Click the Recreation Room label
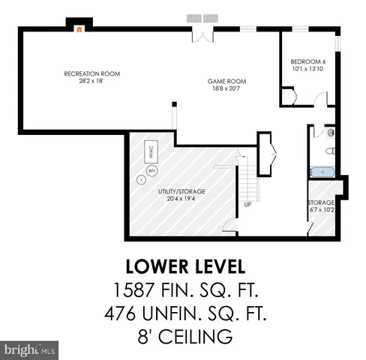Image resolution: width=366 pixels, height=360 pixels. [x=91, y=73]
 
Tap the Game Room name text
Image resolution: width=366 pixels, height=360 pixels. [x=226, y=81]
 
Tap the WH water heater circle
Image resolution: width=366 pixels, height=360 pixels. [x=152, y=170]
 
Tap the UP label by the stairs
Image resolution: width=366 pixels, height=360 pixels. [x=247, y=204]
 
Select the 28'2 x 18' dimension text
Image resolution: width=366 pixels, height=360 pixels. [x=91, y=81]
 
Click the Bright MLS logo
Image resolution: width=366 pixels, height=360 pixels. [x=30, y=349]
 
